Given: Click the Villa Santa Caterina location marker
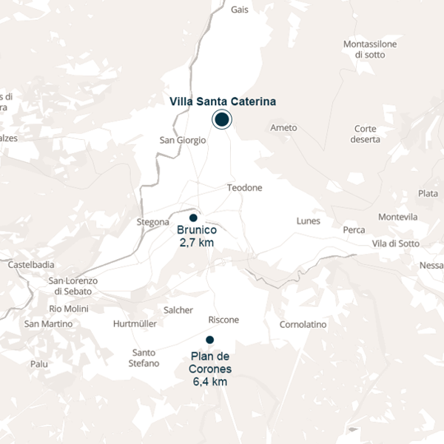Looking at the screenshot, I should [x=221, y=119].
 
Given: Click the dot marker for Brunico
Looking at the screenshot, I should [x=193, y=218].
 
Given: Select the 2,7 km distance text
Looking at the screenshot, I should [x=197, y=242].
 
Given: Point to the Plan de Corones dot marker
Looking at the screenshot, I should [x=209, y=340].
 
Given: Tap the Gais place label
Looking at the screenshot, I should [x=239, y=10].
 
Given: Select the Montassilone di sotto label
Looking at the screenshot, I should [x=370, y=49].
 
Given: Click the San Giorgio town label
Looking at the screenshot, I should [x=183, y=140].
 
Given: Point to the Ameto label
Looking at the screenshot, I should [x=283, y=128].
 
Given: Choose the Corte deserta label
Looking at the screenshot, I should [x=366, y=133].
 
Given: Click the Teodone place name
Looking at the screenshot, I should [x=244, y=188].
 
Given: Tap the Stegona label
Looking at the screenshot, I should [x=153, y=222].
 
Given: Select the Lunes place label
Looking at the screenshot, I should [x=308, y=221].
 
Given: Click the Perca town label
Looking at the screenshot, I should [x=354, y=230].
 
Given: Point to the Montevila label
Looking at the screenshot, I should [x=397, y=217].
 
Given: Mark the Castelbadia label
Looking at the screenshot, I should [x=31, y=264].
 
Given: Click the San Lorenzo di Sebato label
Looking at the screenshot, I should [x=73, y=286].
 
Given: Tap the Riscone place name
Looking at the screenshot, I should [x=223, y=320].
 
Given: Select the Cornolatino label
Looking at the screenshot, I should [x=303, y=324].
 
